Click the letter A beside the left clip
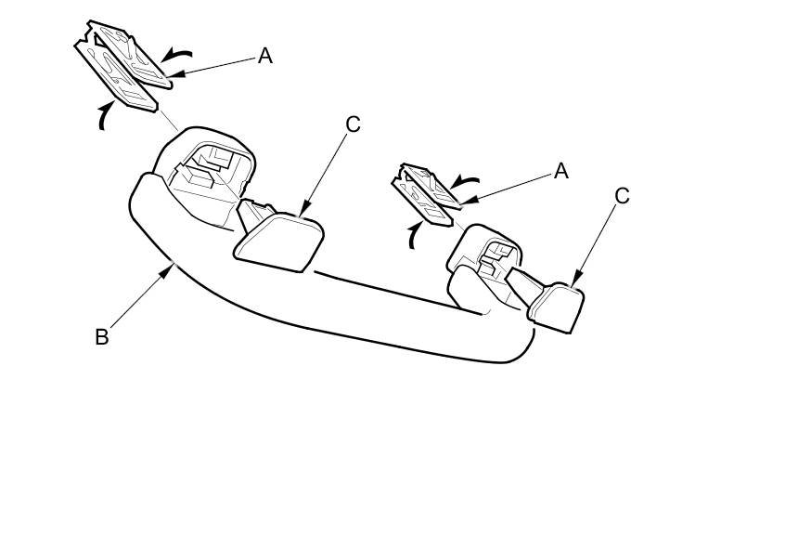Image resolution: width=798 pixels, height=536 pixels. pos(265,56)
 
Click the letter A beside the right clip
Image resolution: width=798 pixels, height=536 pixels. pos(560,171)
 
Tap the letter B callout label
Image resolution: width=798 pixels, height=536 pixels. pos(102,336)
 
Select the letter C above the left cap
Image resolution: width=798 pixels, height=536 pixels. pos(352,124)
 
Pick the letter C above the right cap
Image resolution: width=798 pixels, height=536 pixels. pos(623,196)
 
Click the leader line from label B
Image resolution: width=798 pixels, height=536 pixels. pos(139,298)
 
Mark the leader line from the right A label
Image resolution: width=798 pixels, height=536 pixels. pos(510,186)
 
